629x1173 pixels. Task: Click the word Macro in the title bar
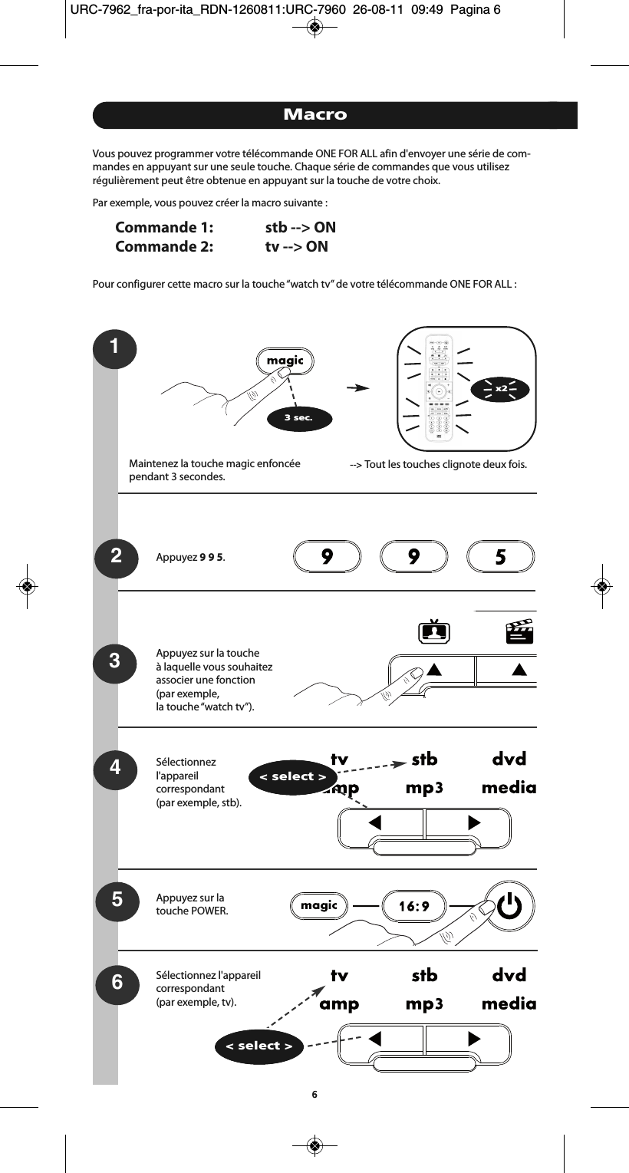pyautogui.click(x=314, y=115)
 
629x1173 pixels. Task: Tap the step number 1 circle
pyautogui.click(x=114, y=348)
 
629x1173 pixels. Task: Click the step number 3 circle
pyautogui.click(x=114, y=660)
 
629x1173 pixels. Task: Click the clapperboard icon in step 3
pyautogui.click(x=519, y=632)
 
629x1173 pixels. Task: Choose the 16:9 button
pyautogui.click(x=413, y=907)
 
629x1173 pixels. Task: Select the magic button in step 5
pyautogui.click(x=319, y=906)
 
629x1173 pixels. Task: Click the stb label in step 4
pyautogui.click(x=424, y=759)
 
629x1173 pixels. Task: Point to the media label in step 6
pyautogui.click(x=509, y=1003)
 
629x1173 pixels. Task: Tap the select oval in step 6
pyautogui.click(x=259, y=1046)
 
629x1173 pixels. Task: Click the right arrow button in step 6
pyautogui.click(x=468, y=1039)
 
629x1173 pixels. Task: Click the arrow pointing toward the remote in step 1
pyautogui.click(x=357, y=388)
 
